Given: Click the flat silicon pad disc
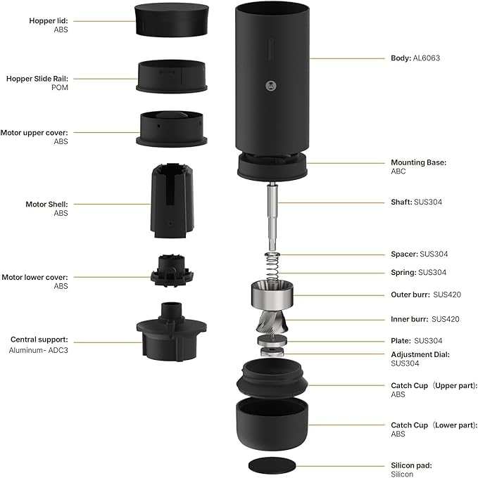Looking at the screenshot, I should [272, 466].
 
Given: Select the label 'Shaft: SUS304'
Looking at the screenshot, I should [416, 202].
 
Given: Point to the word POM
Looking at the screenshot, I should [61, 89].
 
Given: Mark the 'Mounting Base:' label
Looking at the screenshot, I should [418, 162].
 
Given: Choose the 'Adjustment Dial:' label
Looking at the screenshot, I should [420, 354].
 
